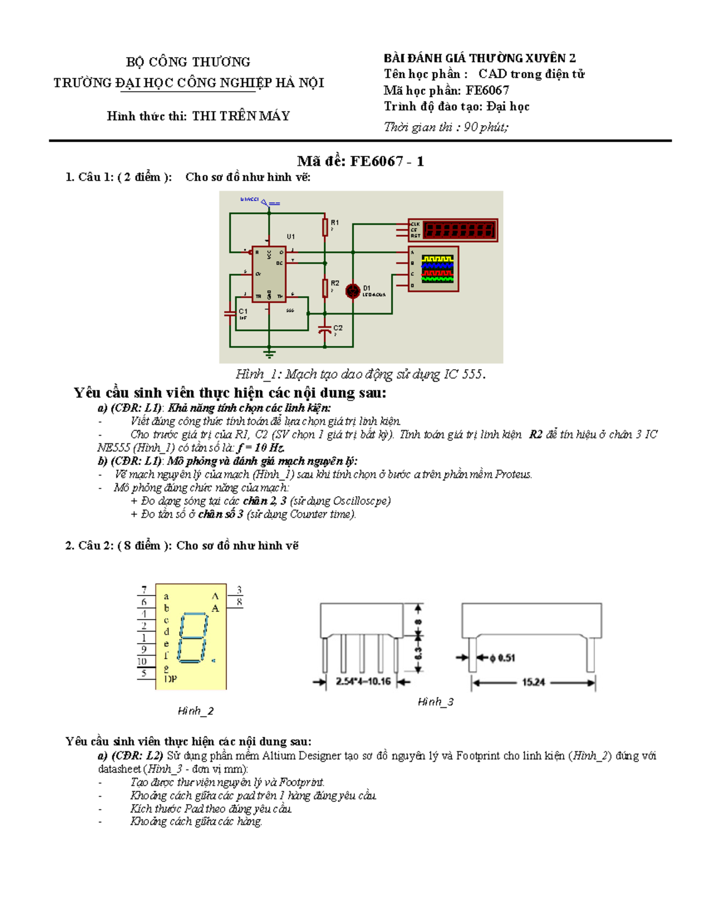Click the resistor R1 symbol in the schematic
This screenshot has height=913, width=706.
(x=325, y=227)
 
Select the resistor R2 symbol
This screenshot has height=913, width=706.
(x=325, y=288)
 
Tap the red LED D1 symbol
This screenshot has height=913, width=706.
(x=352, y=291)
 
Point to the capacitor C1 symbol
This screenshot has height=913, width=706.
(x=230, y=313)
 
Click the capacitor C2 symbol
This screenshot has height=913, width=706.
(x=324, y=330)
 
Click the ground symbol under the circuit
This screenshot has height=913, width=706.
(x=269, y=354)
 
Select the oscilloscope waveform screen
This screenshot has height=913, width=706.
(x=437, y=269)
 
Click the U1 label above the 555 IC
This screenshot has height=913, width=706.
(x=291, y=236)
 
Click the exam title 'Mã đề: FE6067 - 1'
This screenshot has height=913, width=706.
(x=360, y=161)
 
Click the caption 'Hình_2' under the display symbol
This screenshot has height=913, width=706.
(x=195, y=711)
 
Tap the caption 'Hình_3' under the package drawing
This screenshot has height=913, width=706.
(x=435, y=702)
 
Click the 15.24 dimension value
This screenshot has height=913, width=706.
(x=533, y=682)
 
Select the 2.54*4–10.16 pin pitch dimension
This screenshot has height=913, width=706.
(x=363, y=681)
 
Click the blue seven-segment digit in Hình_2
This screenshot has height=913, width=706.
(x=193, y=638)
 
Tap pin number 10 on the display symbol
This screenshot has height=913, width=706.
(x=142, y=661)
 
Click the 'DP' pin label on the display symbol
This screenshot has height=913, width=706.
(x=170, y=679)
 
